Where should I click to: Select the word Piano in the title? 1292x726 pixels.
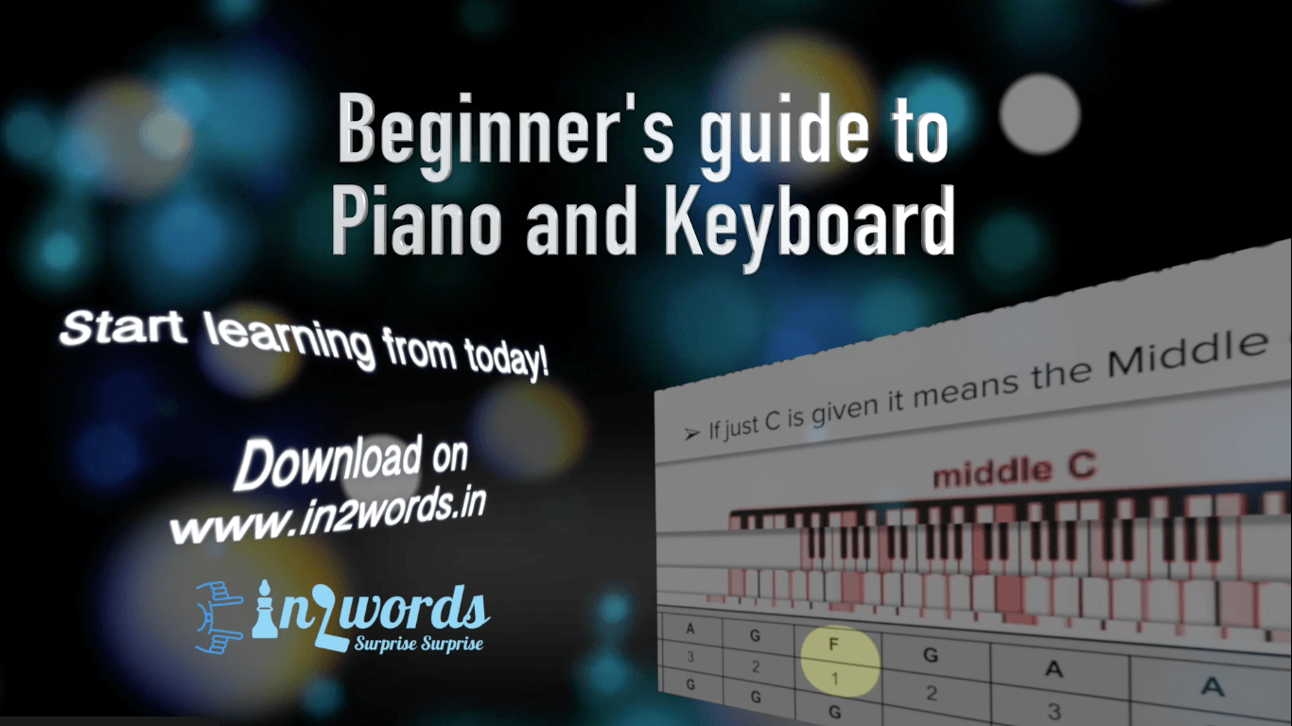pyautogui.click(x=416, y=221)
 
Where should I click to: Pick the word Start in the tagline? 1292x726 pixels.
pyautogui.click(x=123, y=328)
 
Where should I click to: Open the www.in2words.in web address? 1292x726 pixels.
pyautogui.click(x=327, y=515)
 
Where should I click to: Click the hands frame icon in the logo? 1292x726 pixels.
pyautogui.click(x=218, y=617)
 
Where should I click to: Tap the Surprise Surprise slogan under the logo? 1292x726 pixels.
pyautogui.click(x=419, y=644)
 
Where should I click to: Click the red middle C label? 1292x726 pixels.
pyautogui.click(x=1014, y=471)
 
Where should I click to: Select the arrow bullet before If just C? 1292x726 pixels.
pyautogui.click(x=691, y=433)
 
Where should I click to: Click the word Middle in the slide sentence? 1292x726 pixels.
pyautogui.click(x=1188, y=354)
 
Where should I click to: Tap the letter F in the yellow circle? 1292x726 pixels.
pyautogui.click(x=833, y=644)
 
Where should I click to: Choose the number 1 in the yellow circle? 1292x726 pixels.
pyautogui.click(x=834, y=680)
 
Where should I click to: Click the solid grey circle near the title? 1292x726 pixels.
pyautogui.click(x=1039, y=114)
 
